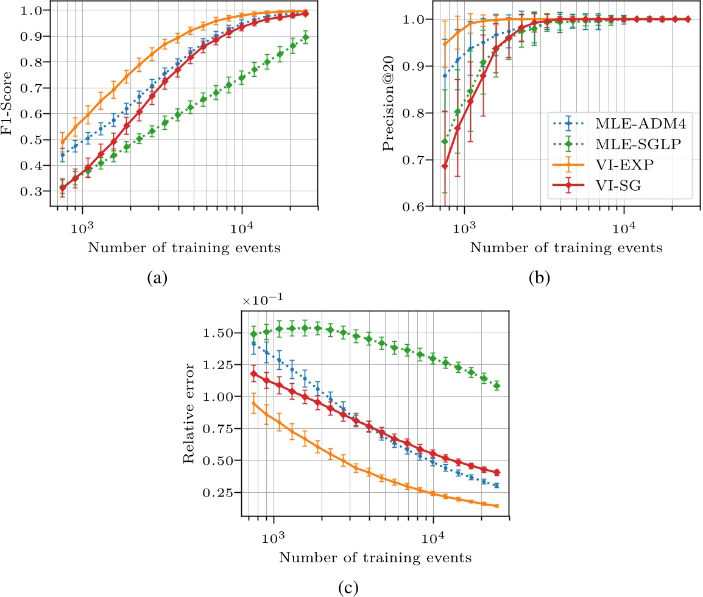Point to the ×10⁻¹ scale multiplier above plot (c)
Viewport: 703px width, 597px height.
[x=260, y=301]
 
